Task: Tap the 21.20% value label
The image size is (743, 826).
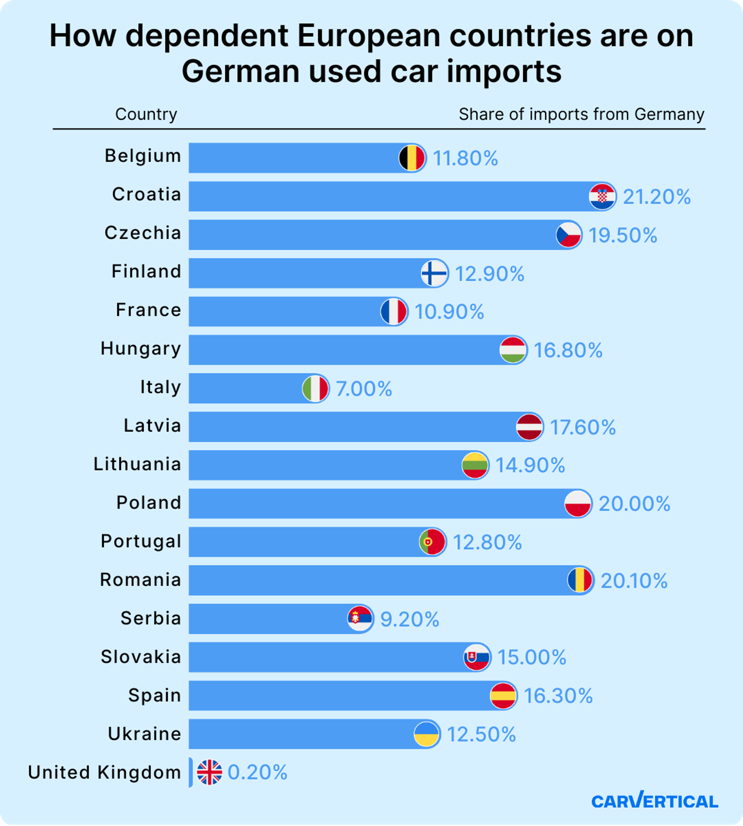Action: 657,197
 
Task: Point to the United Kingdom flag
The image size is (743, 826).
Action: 209,772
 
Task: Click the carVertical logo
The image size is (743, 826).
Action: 654,801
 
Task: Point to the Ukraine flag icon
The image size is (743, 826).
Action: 427,734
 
